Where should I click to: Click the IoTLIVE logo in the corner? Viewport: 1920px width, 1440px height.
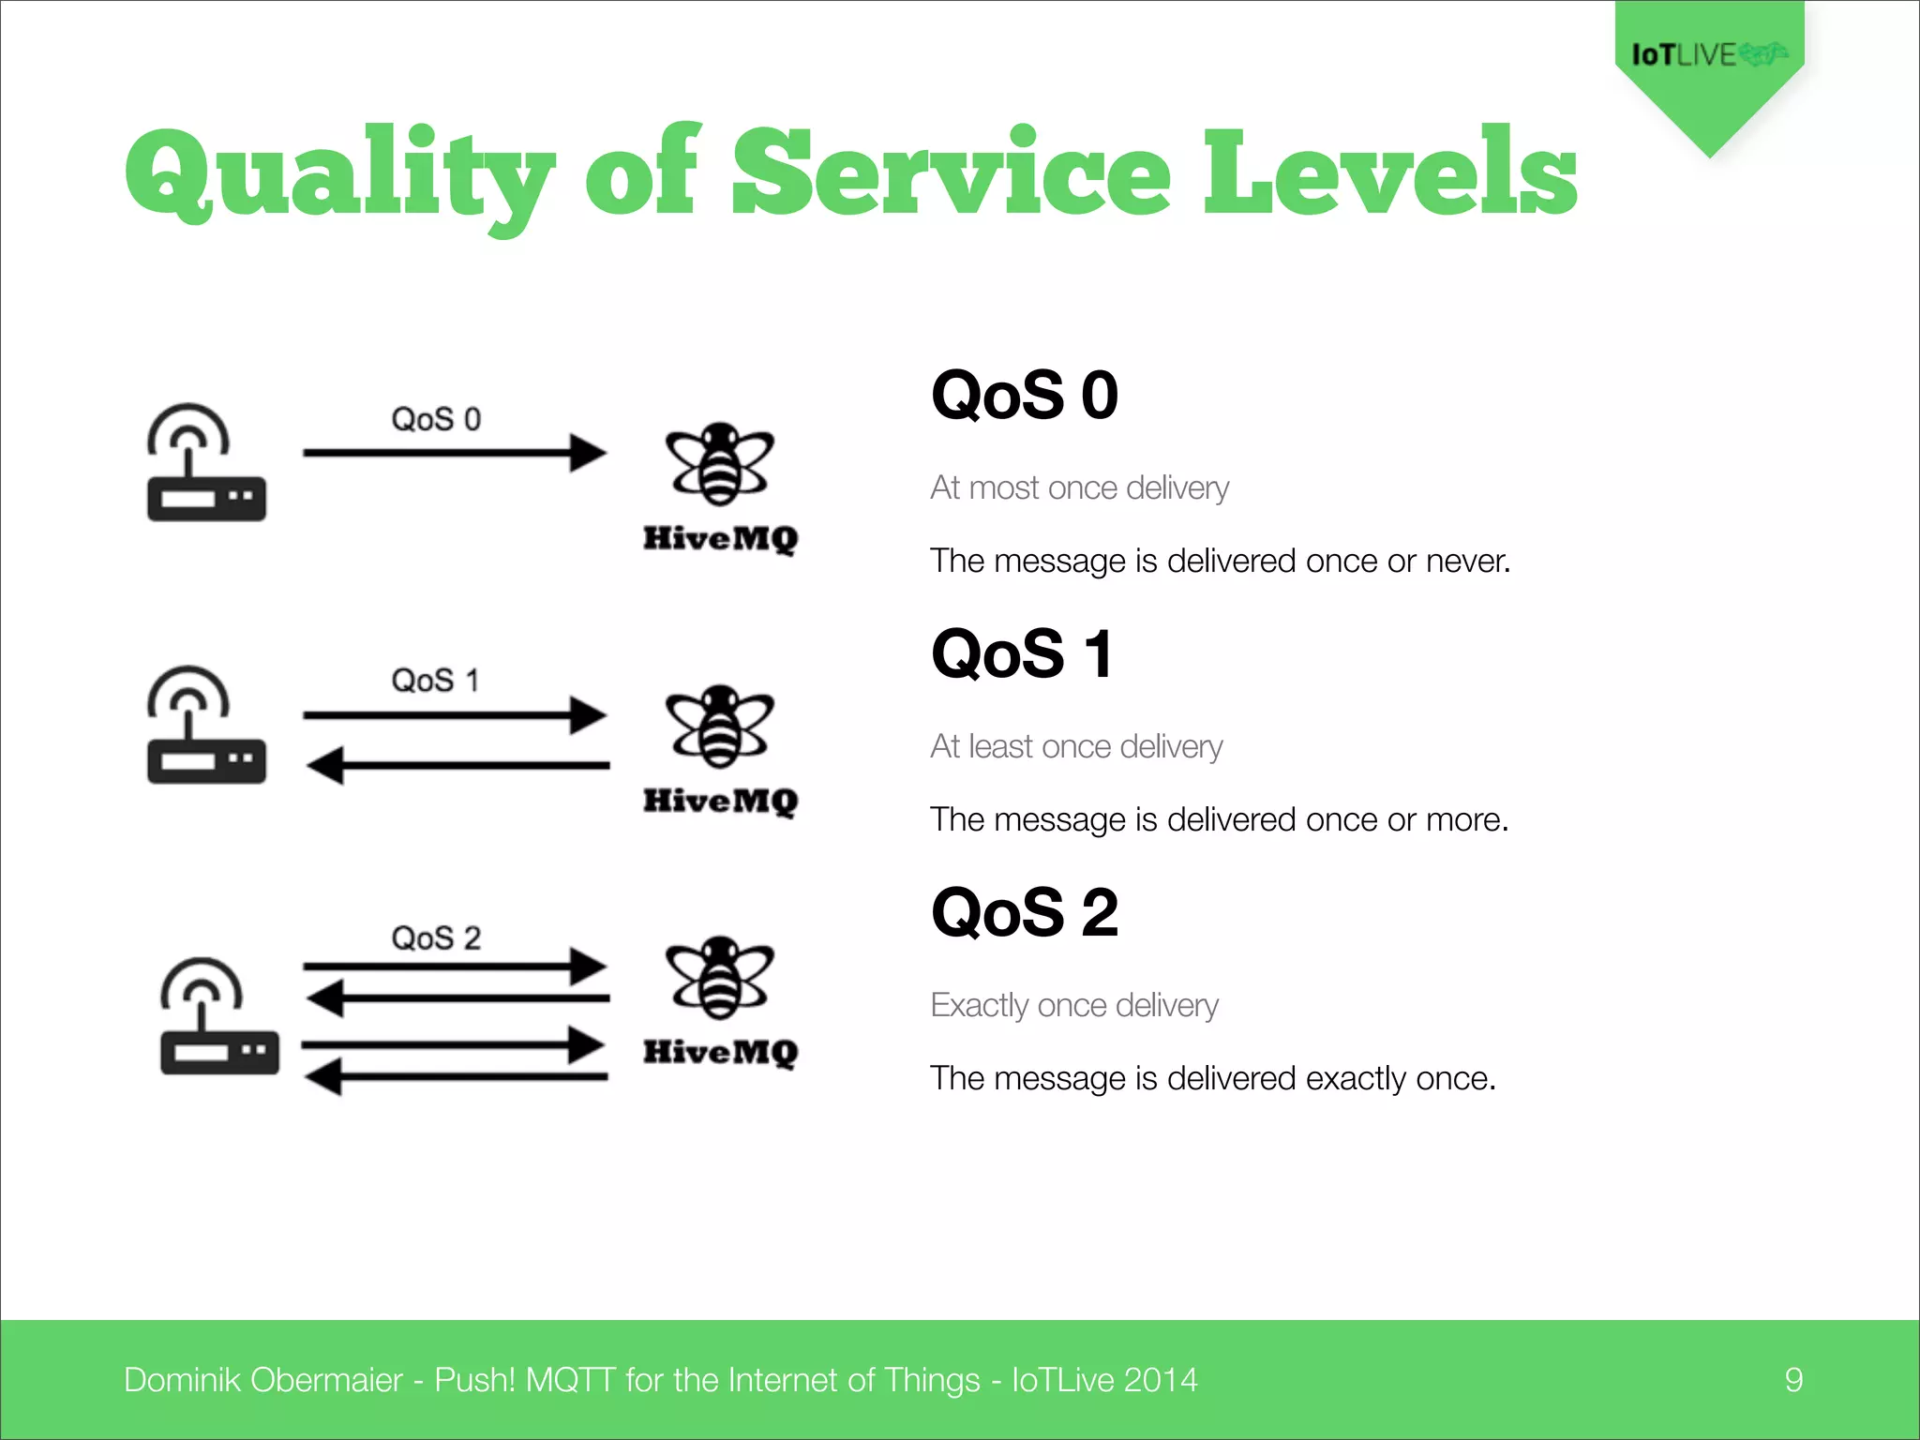[1708, 55]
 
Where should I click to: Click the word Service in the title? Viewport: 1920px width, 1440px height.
[951, 172]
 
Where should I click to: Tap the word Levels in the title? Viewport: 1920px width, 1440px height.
[1389, 172]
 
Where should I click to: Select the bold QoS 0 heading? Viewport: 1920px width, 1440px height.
[1024, 396]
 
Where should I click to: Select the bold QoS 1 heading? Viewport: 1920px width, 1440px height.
[1022, 654]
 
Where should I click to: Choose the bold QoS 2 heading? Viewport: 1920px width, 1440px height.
[1024, 913]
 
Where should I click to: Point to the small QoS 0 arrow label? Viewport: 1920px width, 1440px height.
[436, 419]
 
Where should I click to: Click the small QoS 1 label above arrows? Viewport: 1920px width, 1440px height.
[435, 681]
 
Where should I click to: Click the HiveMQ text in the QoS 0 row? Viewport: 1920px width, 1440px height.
[720, 538]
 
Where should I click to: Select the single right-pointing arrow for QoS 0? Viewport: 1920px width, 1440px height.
[455, 453]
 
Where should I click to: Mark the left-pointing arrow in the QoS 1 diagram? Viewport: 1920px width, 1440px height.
[457, 765]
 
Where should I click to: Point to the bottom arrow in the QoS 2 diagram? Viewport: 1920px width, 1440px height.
[457, 1076]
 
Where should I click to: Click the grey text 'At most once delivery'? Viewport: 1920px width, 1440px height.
[1079, 488]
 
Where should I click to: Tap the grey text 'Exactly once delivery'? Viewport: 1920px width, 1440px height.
[1074, 1006]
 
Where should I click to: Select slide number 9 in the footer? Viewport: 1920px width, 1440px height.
[1793, 1380]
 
